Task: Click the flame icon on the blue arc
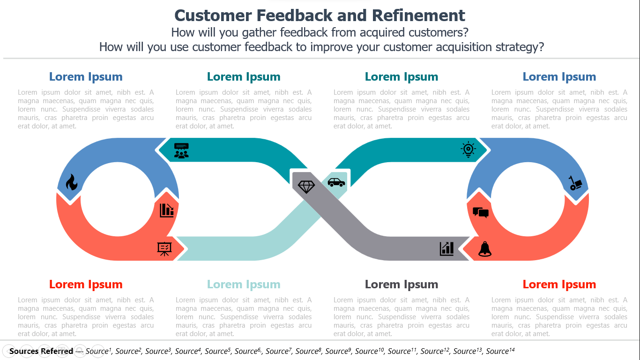click(x=71, y=182)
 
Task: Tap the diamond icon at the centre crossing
click(x=306, y=187)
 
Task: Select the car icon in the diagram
click(x=336, y=182)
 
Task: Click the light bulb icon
click(x=468, y=149)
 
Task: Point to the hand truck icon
click(x=575, y=183)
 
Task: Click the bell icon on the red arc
click(x=485, y=249)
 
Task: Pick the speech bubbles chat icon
click(x=481, y=212)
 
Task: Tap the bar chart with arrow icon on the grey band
click(x=447, y=248)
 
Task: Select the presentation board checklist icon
click(x=164, y=249)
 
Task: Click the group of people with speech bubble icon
click(x=181, y=150)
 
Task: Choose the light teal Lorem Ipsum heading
click(x=244, y=284)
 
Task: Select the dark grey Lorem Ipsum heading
click(x=402, y=284)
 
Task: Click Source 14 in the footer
click(x=500, y=351)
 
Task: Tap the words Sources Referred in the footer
click(x=41, y=351)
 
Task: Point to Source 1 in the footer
click(x=98, y=351)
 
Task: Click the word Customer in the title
click(x=213, y=15)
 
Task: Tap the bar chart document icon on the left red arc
click(x=167, y=210)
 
